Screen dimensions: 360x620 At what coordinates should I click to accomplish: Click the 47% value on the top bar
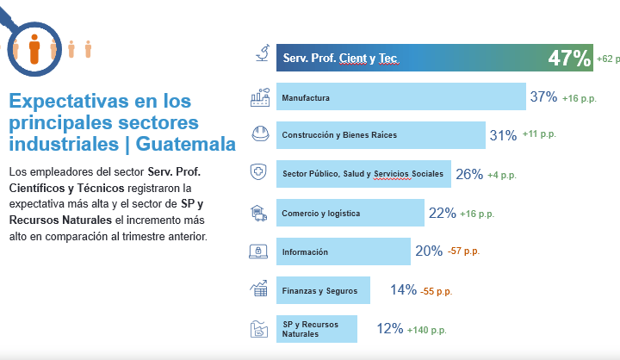coord(569,59)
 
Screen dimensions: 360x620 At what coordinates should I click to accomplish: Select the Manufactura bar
coord(400,97)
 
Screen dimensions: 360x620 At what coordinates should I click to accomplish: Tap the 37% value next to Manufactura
coord(543,97)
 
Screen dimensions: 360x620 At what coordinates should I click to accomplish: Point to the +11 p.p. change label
coord(541,135)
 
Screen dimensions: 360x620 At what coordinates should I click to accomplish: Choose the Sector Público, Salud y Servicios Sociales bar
coord(363,174)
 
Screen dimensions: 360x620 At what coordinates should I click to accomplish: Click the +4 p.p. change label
coord(502,175)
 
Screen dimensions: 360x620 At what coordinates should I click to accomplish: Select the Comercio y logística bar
coord(350,213)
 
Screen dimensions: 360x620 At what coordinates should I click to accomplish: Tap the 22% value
coord(442,213)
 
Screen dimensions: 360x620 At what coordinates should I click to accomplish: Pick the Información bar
coord(343,251)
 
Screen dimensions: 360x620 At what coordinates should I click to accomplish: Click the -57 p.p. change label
coord(464,251)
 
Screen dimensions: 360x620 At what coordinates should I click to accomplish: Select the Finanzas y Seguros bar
coord(322,290)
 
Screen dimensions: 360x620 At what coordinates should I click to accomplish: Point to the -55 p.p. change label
coord(437,291)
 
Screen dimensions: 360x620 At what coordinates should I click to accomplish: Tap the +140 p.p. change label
coord(429,329)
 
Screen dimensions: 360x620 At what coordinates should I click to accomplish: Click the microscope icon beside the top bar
coord(260,56)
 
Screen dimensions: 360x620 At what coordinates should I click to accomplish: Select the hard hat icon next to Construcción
coord(259,134)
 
